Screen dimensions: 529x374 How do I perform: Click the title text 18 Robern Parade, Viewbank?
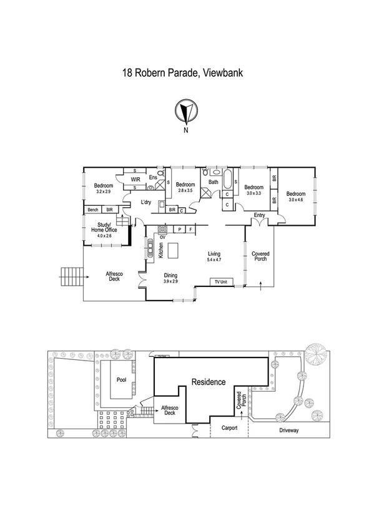pyautogui.click(x=182, y=73)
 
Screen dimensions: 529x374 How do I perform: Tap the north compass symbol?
pyautogui.click(x=185, y=112)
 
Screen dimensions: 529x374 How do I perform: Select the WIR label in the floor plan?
pyautogui.click(x=135, y=180)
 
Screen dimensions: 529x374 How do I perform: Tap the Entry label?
pyautogui.click(x=259, y=215)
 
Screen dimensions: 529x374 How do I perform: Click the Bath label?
pyautogui.click(x=214, y=182)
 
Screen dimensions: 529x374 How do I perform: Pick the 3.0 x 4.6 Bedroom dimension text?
pyautogui.click(x=295, y=200)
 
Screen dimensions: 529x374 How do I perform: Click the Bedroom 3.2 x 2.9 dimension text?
pyautogui.click(x=103, y=192)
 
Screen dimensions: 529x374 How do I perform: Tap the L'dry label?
pyautogui.click(x=146, y=202)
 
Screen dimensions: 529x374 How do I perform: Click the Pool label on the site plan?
pyautogui.click(x=122, y=379)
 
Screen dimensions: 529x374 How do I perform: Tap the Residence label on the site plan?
pyautogui.click(x=208, y=382)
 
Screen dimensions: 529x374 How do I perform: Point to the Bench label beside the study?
pyautogui.click(x=93, y=210)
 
